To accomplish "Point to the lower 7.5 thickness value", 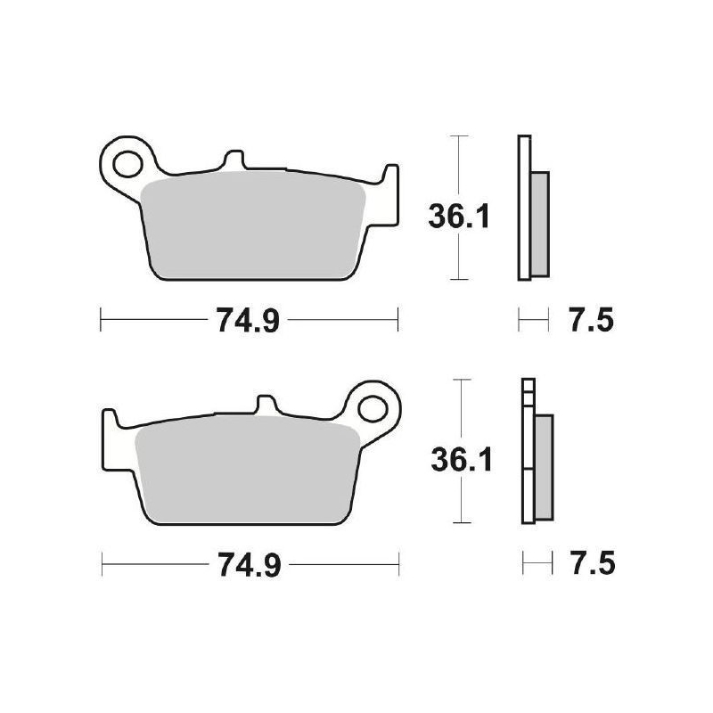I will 587,564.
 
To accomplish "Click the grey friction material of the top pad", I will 254,227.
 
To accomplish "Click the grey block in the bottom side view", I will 542,467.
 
